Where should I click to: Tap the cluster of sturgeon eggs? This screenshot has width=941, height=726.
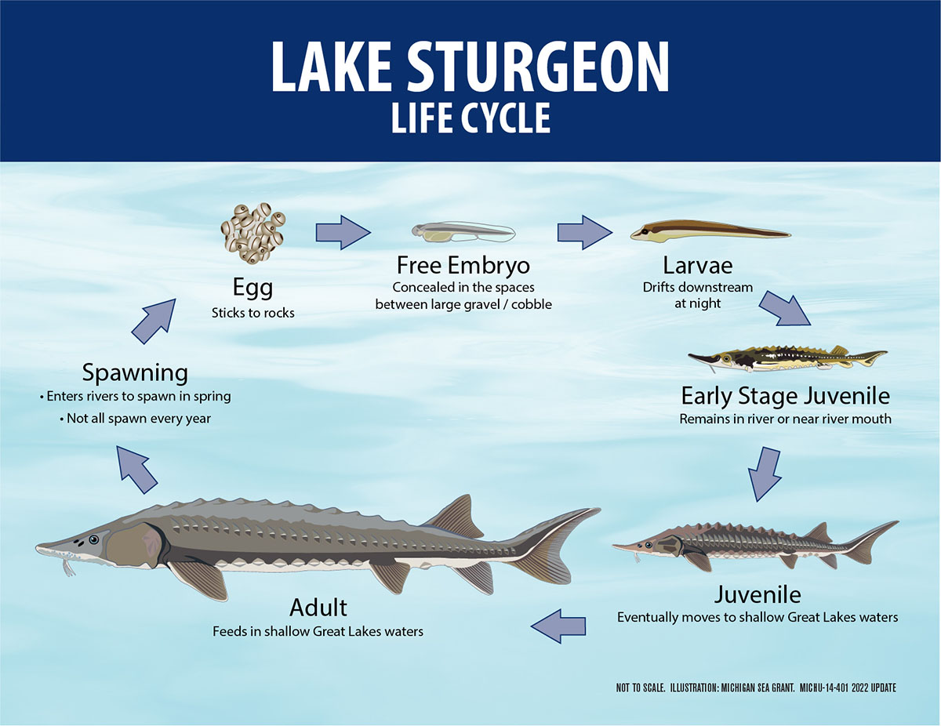tap(253, 233)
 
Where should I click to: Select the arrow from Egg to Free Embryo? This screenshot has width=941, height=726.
tap(343, 233)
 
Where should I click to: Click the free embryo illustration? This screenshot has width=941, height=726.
tap(463, 232)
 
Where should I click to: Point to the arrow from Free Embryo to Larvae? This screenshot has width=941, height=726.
tap(585, 233)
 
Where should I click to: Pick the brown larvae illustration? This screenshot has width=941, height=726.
tap(710, 231)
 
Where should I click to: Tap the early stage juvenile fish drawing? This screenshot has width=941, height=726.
tap(788, 359)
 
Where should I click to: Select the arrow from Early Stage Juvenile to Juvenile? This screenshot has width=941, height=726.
tap(765, 474)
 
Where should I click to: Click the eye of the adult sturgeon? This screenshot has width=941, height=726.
tap(94, 539)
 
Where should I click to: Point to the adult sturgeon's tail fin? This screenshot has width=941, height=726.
tap(557, 546)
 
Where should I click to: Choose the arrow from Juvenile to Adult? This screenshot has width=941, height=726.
tap(558, 626)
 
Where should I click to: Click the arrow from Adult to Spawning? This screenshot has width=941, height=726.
tap(137, 470)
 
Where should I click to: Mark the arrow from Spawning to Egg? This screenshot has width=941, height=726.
tap(154, 321)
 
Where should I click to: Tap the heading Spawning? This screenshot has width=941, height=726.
tap(135, 372)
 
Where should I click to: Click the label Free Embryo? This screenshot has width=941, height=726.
tap(463, 265)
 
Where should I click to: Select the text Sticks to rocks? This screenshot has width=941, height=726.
tap(253, 313)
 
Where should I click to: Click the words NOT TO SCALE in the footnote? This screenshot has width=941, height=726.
tap(641, 688)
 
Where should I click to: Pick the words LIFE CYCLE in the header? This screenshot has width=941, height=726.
tap(470, 118)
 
